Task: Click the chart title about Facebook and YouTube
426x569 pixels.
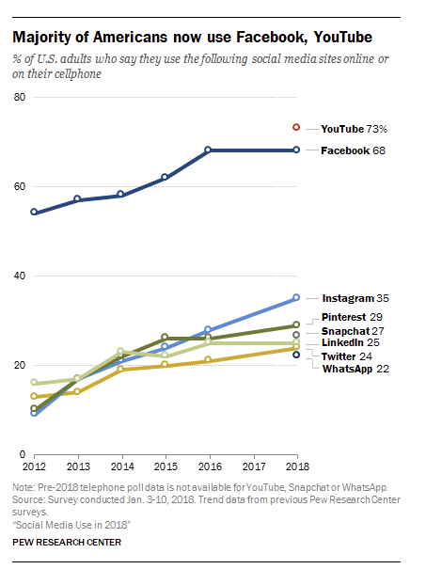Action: [x=192, y=38]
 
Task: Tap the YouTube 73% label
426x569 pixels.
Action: [x=349, y=127]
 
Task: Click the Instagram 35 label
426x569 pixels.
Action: [x=355, y=298]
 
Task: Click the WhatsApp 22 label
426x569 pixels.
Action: [x=355, y=369]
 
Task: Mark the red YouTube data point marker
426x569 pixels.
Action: [x=296, y=127]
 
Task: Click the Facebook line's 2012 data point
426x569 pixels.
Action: [x=34, y=213]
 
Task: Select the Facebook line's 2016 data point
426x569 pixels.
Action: [x=209, y=150]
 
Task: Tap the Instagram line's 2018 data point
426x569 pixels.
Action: [x=296, y=298]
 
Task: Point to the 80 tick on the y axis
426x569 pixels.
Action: [x=19, y=97]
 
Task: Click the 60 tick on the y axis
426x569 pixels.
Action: [x=19, y=186]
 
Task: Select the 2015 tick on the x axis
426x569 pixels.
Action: [x=166, y=466]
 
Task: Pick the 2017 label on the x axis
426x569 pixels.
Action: [x=253, y=466]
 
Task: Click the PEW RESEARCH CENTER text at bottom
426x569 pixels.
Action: [x=68, y=542]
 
